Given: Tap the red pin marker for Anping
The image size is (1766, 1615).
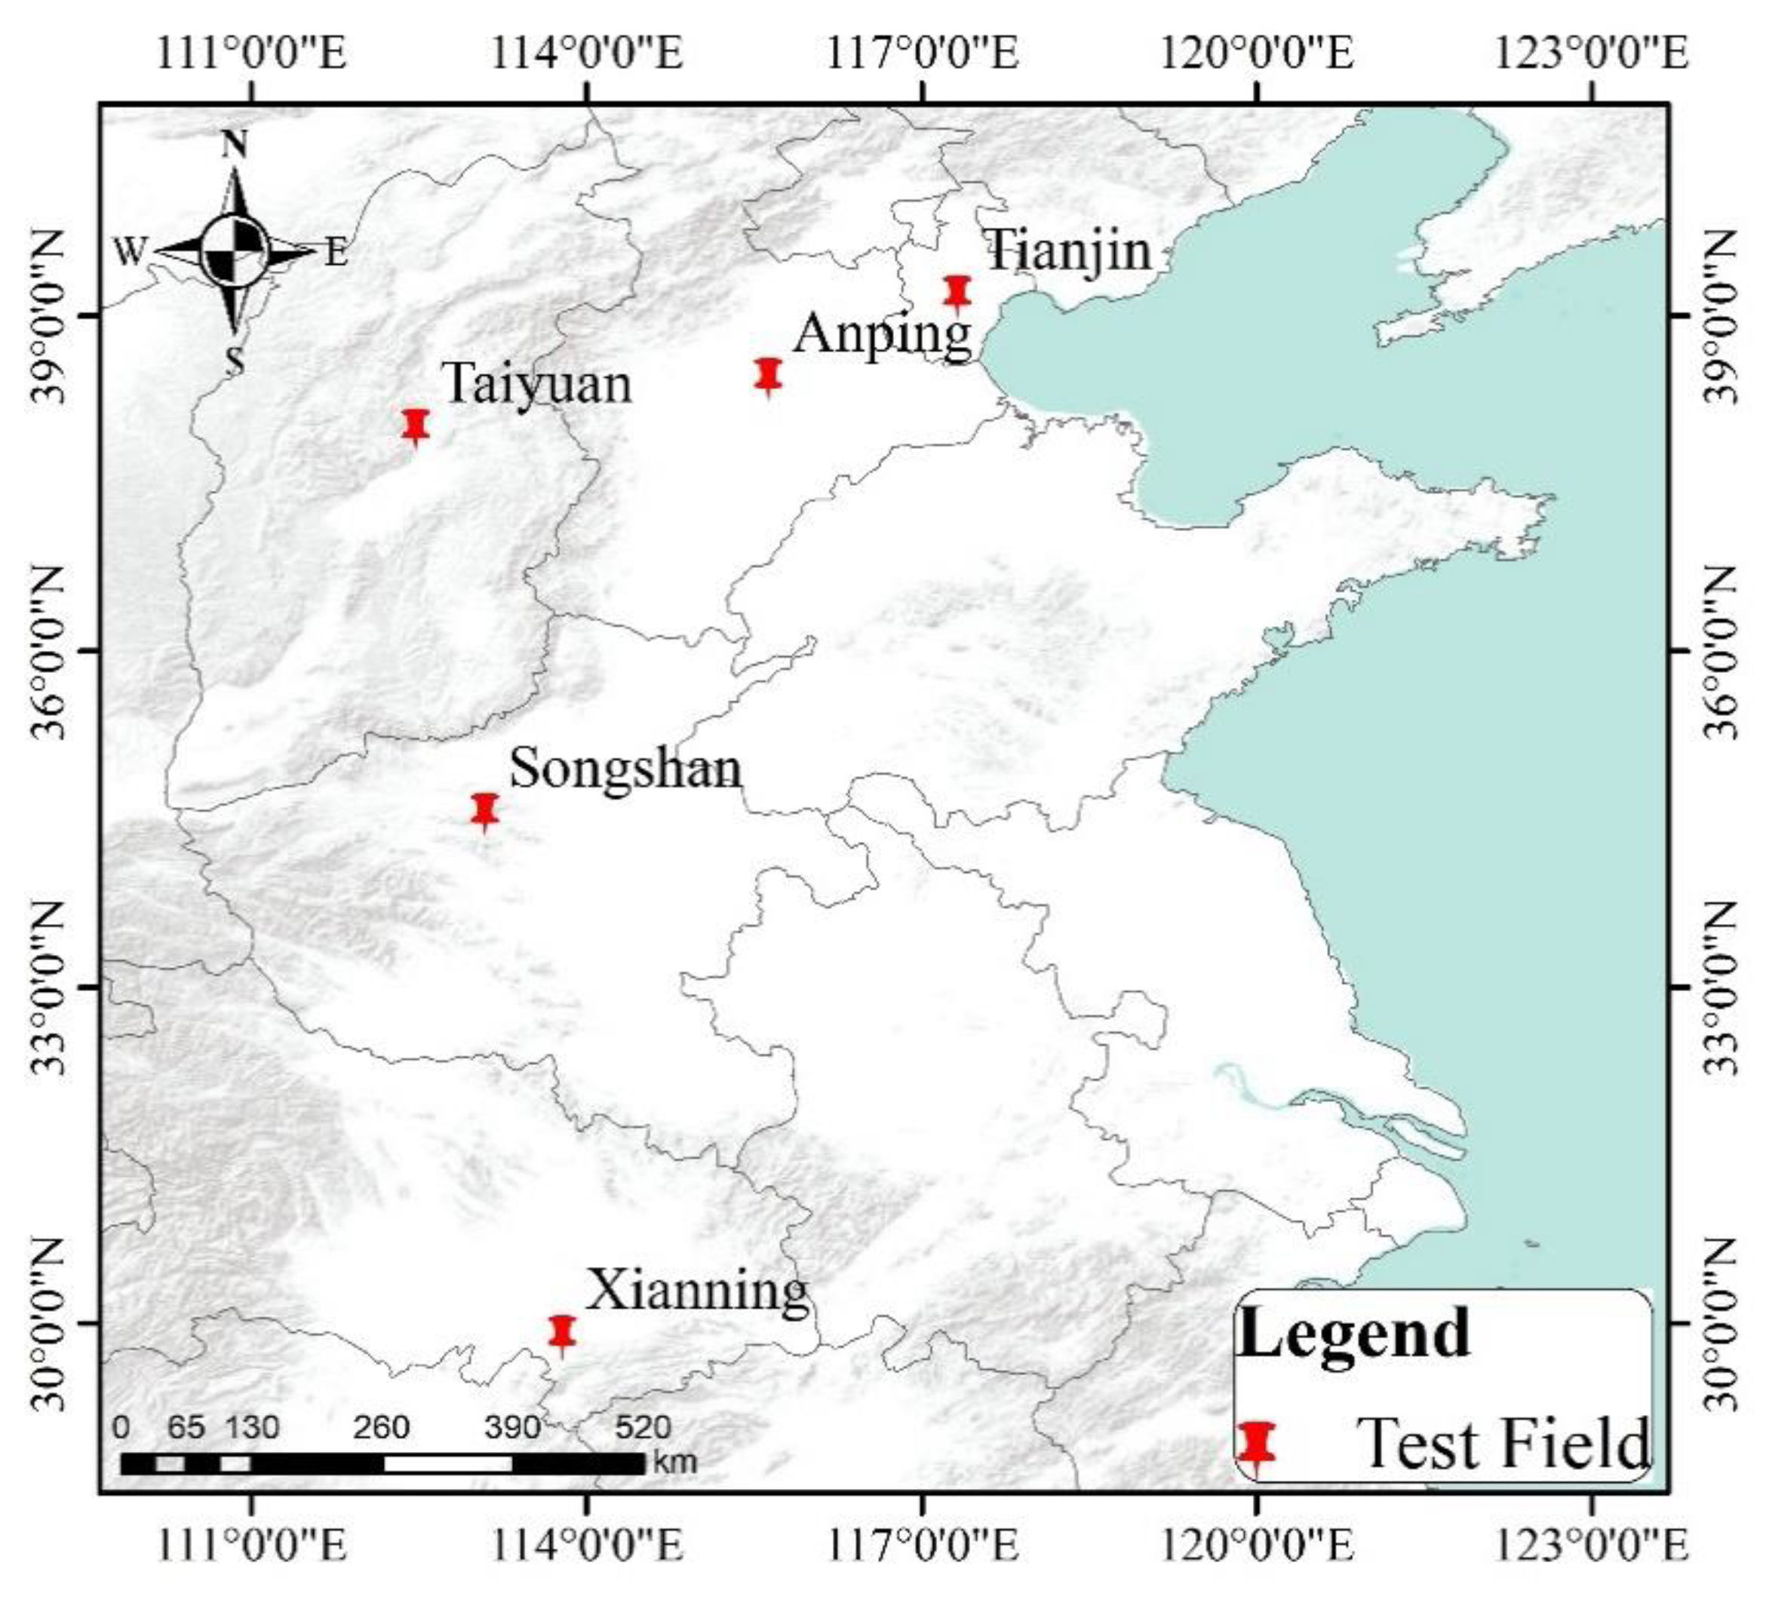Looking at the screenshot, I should pos(768,375).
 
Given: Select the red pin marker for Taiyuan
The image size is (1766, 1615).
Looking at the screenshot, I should pos(416,425).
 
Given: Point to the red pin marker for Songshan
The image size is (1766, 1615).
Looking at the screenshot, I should pos(485,810).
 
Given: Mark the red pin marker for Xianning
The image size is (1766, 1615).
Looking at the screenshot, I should pos(561,1331).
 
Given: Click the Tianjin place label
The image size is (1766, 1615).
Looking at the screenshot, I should pos(1069,250).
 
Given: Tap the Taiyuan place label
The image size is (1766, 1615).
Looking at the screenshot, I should pos(538,384).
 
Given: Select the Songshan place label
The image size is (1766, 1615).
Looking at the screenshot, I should pos(625,769).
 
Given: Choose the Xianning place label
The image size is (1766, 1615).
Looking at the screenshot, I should pos(697,1291).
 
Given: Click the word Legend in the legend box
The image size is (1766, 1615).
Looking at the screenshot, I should pos(1354,1333).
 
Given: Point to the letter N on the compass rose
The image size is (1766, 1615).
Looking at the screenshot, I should pos(234,146).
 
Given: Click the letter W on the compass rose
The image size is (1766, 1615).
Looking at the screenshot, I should pos(129,252).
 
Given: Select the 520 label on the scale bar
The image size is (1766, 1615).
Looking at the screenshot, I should pos(643,1428).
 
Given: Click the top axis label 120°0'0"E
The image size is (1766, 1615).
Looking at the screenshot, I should pos(1257,54).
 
